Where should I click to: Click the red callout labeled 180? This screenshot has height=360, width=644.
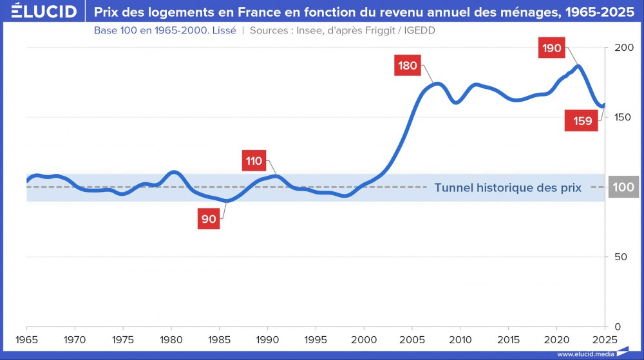point(408,65)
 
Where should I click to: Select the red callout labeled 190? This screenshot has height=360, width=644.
point(552,48)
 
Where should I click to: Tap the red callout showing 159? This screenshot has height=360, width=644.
point(582,120)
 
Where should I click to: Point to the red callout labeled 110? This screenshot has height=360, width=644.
point(254,161)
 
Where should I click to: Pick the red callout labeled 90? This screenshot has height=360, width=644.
point(209,219)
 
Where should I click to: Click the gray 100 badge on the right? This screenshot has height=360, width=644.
point(623,187)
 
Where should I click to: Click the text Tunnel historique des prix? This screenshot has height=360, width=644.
point(507,188)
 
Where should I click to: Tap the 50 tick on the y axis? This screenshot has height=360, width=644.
point(620,257)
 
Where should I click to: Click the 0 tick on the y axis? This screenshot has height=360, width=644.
point(617,327)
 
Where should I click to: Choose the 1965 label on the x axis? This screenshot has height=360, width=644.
point(27,339)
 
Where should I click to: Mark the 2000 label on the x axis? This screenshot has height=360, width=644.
point(364,339)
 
